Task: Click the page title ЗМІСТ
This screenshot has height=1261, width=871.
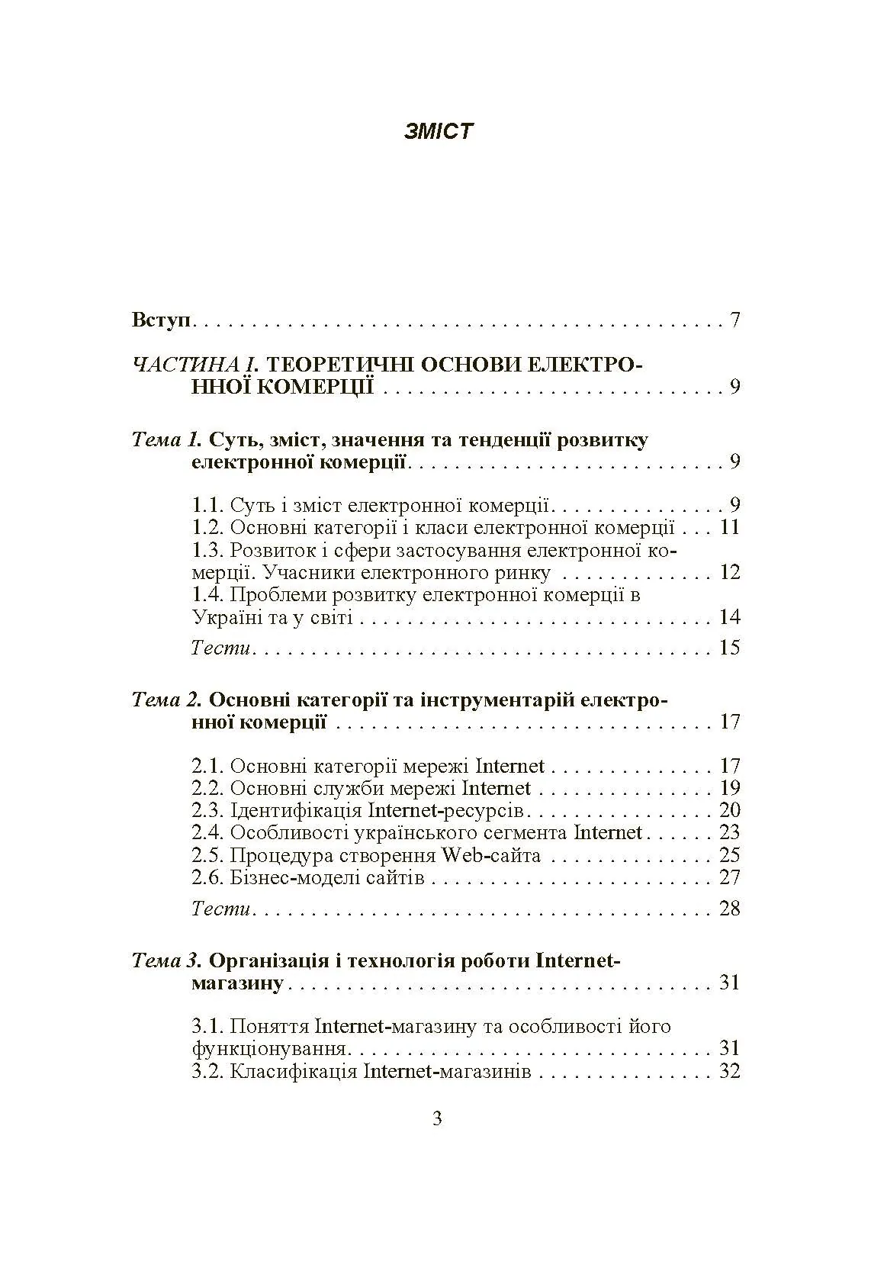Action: [438, 131]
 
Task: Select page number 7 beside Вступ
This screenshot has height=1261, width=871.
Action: [734, 320]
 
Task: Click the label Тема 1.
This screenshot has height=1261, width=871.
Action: [166, 440]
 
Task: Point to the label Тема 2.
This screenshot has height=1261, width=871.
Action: [166, 700]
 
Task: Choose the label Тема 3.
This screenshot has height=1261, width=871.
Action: [166, 960]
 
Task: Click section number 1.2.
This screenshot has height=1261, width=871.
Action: [206, 528]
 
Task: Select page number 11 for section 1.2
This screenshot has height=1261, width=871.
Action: [730, 528]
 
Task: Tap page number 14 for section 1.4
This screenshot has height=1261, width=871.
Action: [730, 617]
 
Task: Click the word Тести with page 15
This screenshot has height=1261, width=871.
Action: [220, 648]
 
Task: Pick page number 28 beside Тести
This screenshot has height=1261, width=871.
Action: [730, 909]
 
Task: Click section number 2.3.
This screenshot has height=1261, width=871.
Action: [206, 811]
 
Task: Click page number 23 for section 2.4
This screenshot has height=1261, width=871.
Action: [730, 833]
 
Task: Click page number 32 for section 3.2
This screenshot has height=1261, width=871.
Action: [730, 1071]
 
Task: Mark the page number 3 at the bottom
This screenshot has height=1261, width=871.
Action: [437, 1120]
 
